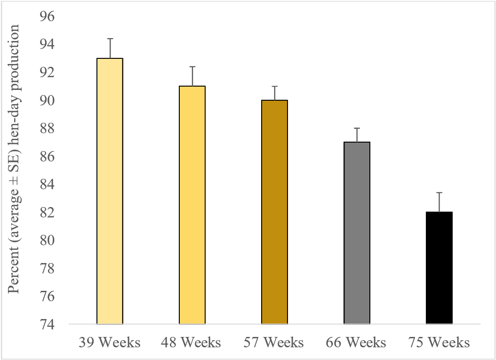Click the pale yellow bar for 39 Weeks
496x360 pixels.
coord(110,191)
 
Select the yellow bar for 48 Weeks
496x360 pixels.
coord(192,205)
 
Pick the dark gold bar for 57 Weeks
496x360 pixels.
coord(274,212)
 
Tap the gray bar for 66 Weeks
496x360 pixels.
coord(357,233)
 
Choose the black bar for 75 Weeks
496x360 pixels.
coord(439,268)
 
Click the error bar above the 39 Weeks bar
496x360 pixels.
coord(110,48)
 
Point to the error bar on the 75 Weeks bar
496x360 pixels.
coord(439,202)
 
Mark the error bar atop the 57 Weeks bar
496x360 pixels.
coord(274,93)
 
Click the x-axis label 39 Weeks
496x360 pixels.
coord(110,342)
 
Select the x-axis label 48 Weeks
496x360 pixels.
coord(192,342)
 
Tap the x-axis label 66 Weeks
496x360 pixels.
coord(357,342)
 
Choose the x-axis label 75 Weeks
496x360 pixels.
coord(439,342)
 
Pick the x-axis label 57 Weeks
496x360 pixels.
coord(274,342)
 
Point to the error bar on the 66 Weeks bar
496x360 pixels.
coord(357,135)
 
